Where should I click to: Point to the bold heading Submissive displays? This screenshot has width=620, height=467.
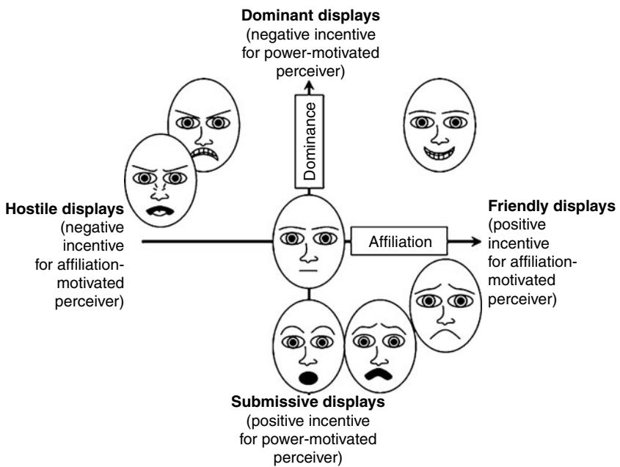point(309,402)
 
